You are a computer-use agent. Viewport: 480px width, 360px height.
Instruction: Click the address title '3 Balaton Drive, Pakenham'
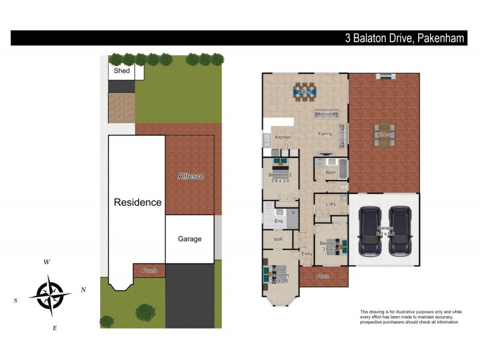click(x=405, y=38)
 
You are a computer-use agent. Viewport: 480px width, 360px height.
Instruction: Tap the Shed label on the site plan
click(x=122, y=71)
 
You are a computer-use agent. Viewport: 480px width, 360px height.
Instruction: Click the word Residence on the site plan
click(x=137, y=202)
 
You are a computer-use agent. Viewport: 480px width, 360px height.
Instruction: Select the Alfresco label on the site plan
click(x=191, y=176)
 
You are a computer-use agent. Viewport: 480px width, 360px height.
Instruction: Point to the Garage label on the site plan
click(x=190, y=239)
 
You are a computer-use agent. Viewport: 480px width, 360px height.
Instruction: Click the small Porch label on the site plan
click(x=149, y=271)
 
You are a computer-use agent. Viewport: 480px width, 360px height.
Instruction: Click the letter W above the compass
click(x=46, y=262)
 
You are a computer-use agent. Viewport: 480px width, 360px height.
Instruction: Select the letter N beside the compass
click(x=83, y=290)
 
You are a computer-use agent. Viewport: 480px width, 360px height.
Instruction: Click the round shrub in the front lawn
click(x=145, y=312)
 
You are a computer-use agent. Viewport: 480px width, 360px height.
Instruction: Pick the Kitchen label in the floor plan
click(x=283, y=137)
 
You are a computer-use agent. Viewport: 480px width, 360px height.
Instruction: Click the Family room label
click(x=325, y=134)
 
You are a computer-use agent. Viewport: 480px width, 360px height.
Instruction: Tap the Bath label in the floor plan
click(x=331, y=173)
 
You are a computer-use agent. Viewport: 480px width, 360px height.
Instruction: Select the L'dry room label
click(x=331, y=205)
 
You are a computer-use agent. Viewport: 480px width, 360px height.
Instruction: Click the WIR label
click(x=278, y=239)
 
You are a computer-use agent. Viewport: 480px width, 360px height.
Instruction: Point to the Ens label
click(x=278, y=221)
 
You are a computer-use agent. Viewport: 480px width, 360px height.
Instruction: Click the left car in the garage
click(x=370, y=231)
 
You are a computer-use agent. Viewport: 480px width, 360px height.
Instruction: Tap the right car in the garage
click(x=400, y=231)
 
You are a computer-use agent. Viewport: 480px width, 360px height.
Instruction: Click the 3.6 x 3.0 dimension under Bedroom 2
click(x=280, y=180)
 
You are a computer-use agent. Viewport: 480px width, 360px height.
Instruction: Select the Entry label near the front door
click(x=307, y=254)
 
